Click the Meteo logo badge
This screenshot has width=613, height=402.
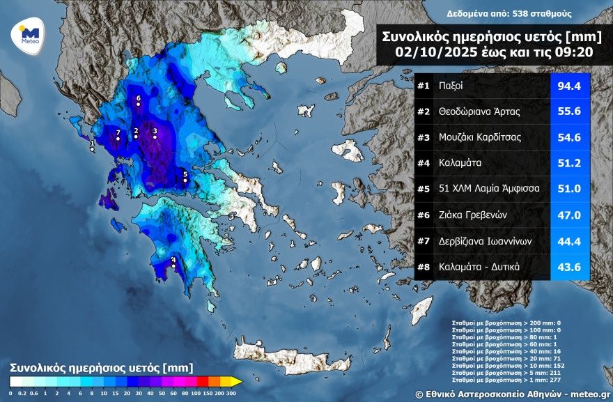coord(28,34)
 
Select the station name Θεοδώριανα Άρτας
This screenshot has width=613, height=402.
coord(480,111)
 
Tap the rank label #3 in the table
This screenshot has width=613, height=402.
coord(424,137)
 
